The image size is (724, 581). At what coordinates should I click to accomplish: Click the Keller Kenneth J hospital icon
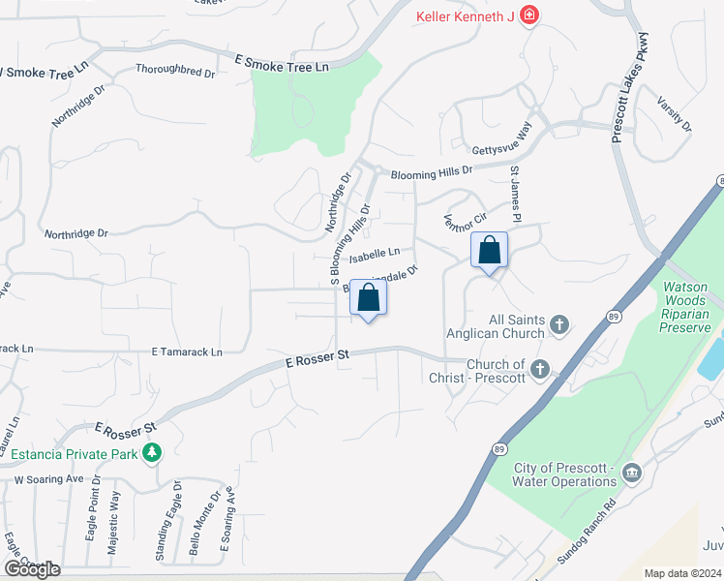click(528, 15)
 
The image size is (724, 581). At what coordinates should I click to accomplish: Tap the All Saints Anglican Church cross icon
click(559, 325)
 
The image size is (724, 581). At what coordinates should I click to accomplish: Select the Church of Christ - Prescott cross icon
click(539, 369)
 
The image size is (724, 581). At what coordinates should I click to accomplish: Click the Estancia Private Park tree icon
click(152, 452)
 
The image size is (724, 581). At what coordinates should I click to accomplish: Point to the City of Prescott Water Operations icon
click(632, 473)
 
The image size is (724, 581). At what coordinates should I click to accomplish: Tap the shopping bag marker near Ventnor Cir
click(489, 251)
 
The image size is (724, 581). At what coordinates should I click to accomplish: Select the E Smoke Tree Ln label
click(282, 63)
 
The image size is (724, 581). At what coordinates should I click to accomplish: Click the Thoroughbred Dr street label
click(175, 71)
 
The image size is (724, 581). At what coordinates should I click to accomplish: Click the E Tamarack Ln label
click(187, 352)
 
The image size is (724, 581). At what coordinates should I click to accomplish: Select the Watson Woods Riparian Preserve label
click(692, 307)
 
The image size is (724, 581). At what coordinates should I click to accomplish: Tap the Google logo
click(32, 568)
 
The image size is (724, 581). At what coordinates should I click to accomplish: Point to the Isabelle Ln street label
click(375, 254)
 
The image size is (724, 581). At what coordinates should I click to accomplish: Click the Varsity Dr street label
click(674, 114)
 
